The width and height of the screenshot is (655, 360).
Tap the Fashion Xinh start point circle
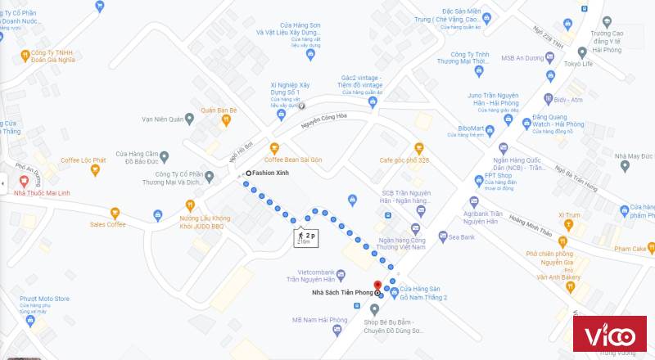(x=248, y=173)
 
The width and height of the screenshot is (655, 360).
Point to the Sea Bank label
(x=462, y=237)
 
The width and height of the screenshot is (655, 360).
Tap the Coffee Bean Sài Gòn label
(x=293, y=159)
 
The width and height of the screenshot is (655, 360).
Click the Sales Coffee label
(x=107, y=224)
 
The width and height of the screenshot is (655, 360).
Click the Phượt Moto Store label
(x=45, y=299)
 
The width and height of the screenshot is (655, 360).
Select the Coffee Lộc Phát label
(x=82, y=160)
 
